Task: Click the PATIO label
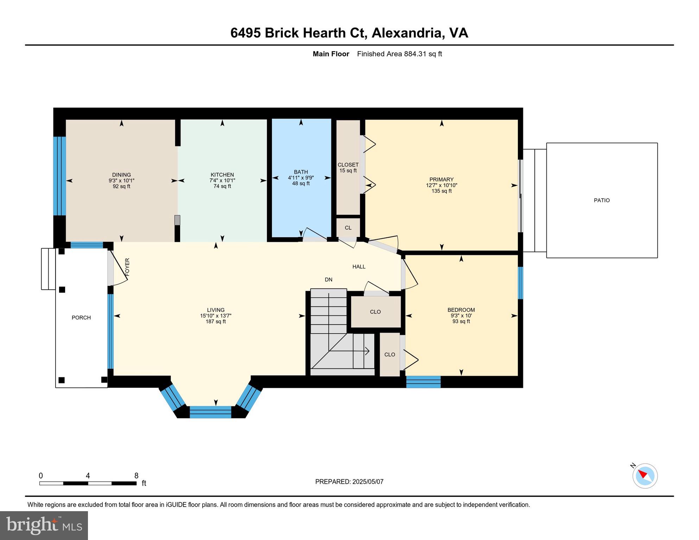point(602,200)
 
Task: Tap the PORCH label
point(81,317)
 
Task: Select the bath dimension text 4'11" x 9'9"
point(301,178)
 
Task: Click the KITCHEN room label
point(222,175)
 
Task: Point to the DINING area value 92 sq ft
point(121,186)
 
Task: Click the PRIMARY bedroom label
point(441,179)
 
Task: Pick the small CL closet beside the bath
point(348,228)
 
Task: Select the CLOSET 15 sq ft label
point(348,168)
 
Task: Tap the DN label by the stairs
point(328,280)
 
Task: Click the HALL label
point(359,267)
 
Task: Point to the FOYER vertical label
point(127,266)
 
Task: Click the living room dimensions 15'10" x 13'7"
point(216,316)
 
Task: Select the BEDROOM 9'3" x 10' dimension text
point(461,316)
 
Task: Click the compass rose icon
point(645,476)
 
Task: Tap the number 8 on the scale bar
point(136,476)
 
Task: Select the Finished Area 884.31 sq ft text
point(399,54)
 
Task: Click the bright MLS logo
point(44,525)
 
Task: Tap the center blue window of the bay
point(210,412)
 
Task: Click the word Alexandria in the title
point(407,33)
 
